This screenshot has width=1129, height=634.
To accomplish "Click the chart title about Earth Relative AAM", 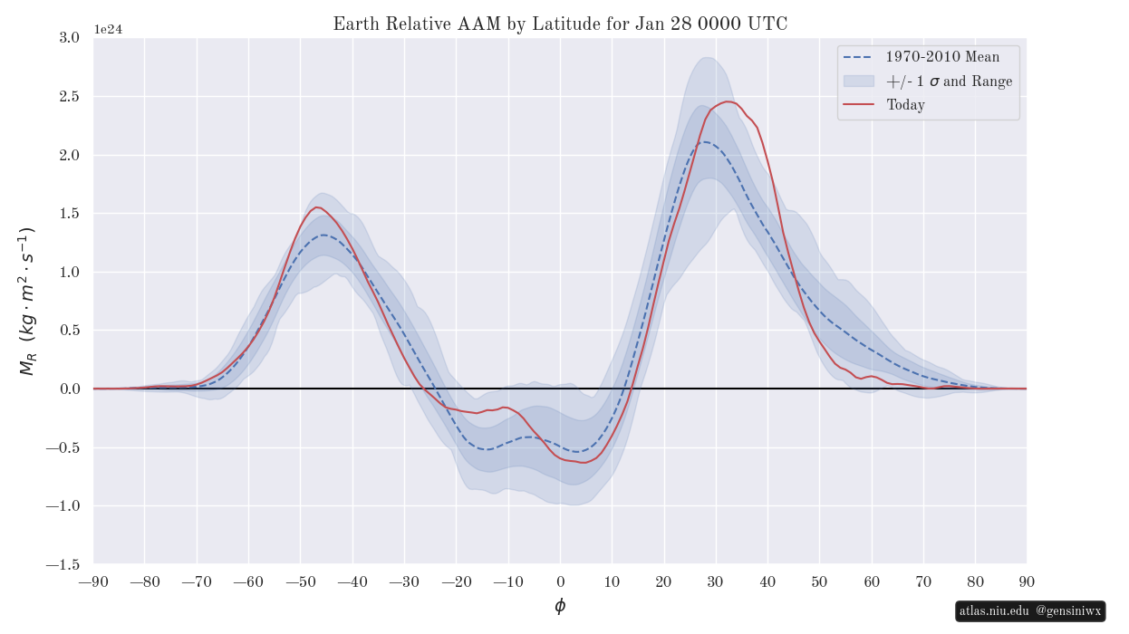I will coord(560,24).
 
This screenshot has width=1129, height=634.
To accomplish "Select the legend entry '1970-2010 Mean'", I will coord(942,57).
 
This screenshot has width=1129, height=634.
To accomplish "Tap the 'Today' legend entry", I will coord(905,105).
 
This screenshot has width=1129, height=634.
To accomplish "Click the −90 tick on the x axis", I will coord(93,581).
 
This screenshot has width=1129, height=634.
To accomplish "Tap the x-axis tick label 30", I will coord(716,581).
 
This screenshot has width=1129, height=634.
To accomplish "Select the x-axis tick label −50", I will coord(301,581).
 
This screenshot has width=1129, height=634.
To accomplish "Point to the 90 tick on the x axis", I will coord(1027,581).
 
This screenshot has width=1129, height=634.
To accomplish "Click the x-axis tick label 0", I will coord(560,581).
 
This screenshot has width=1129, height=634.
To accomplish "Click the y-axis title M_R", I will coord(27,301).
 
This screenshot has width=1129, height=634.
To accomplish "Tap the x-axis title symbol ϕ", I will coord(560,606).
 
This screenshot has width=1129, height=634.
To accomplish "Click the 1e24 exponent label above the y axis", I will coord(108,29).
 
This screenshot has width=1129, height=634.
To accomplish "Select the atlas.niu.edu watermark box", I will coord(1030,611).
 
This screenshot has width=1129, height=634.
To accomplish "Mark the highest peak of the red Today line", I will coord(729,101).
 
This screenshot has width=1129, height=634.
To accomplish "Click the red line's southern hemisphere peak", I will coord(317,207).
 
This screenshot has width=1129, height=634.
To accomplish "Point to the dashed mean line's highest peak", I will coord(705,142).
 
